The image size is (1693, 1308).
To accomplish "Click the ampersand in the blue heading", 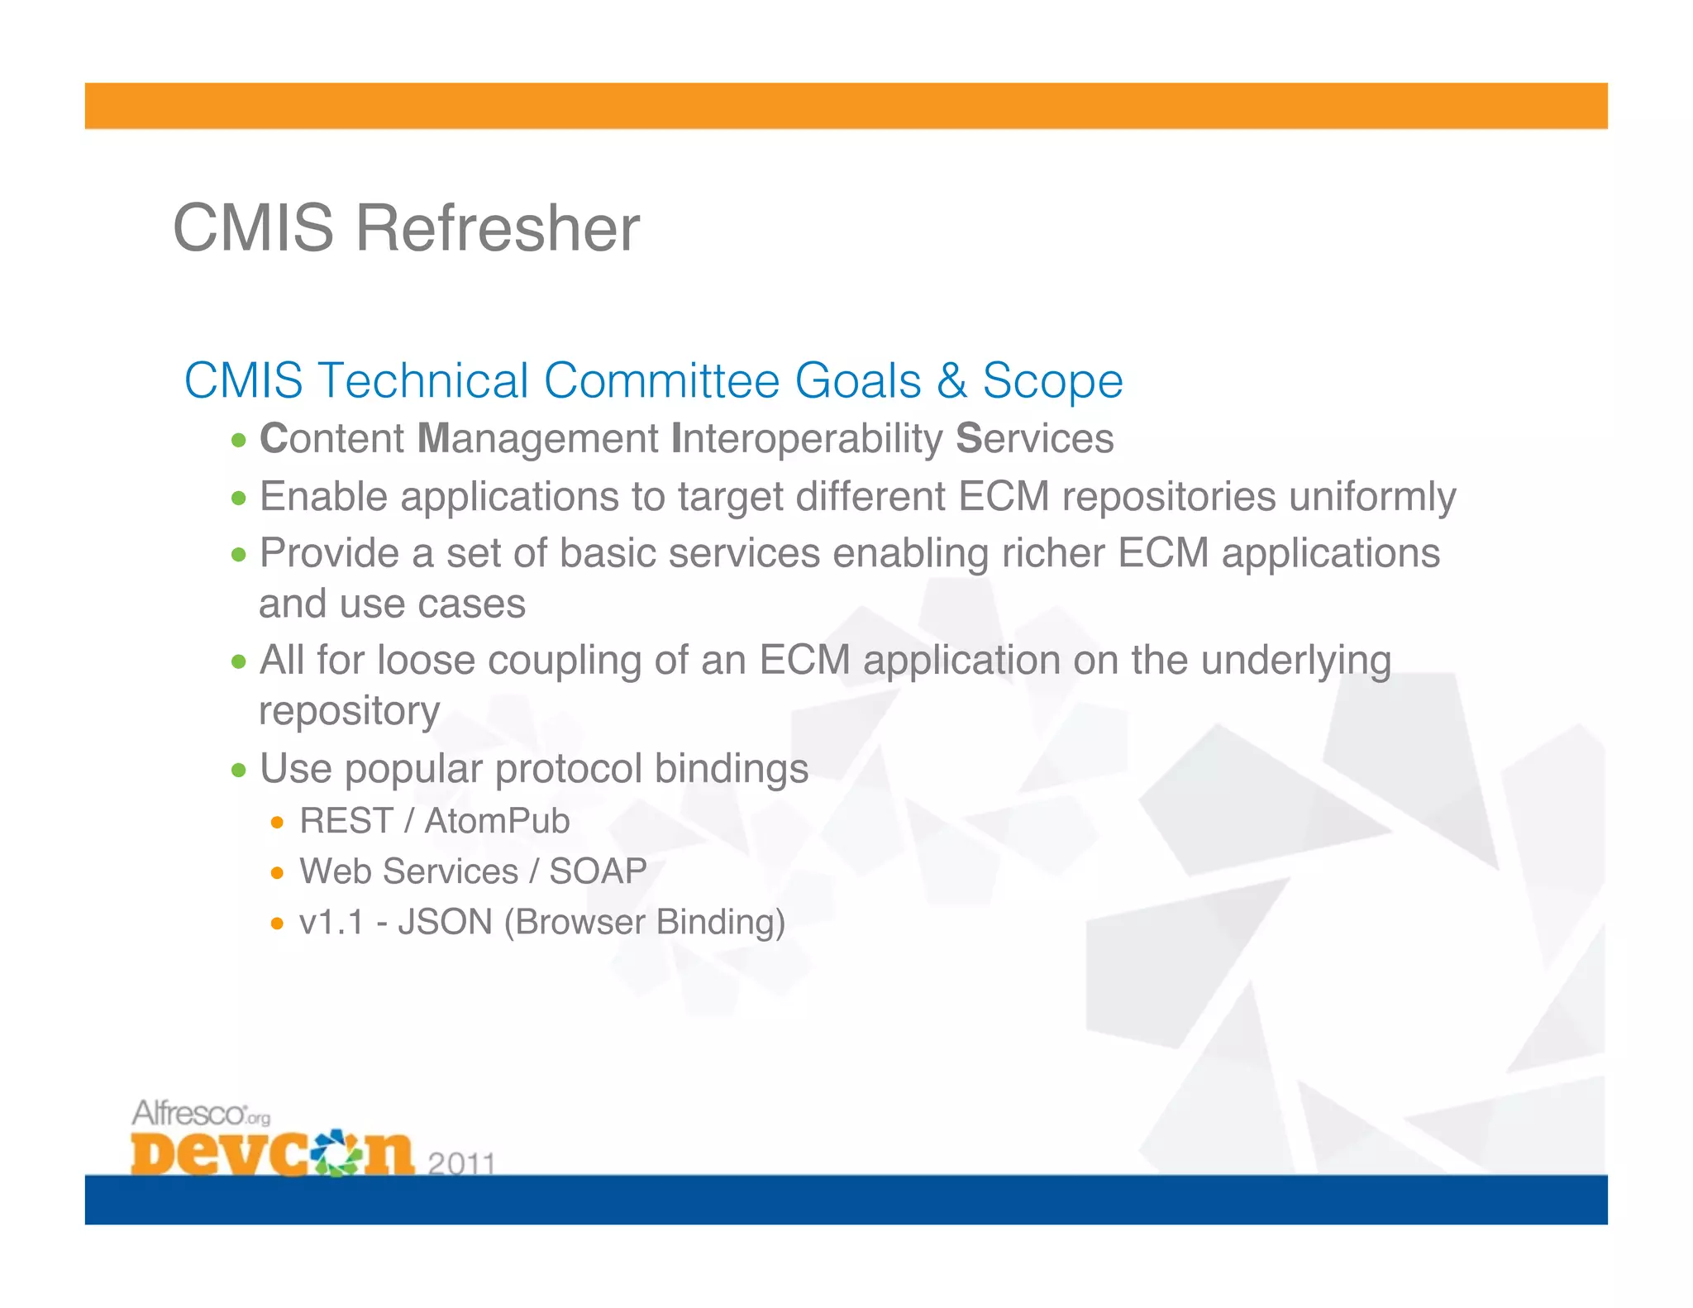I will click(951, 381).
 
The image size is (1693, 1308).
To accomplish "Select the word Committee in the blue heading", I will click(661, 381).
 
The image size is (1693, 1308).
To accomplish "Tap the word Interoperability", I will click(806, 439).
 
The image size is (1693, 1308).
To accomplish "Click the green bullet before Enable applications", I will click(239, 499).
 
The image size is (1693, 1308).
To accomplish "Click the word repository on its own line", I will click(350, 711).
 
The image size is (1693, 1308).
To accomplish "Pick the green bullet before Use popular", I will click(239, 771).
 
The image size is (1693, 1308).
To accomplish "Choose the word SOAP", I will click(598, 871).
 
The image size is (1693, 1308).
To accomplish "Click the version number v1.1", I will click(331, 923).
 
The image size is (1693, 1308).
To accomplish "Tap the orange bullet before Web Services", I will click(278, 873).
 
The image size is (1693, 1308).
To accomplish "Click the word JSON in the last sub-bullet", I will click(445, 923).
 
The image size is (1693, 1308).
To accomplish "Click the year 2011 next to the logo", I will click(461, 1163).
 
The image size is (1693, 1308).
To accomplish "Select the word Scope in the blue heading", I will click(1052, 381).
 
